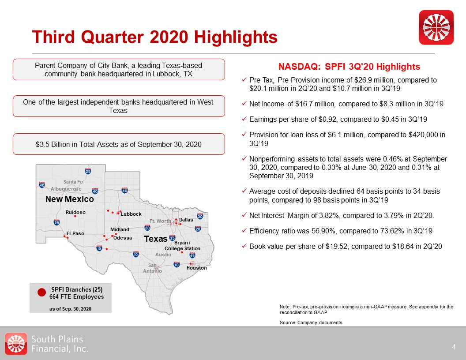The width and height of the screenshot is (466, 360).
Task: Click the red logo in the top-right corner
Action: (x=436, y=27)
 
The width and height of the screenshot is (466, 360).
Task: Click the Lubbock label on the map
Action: (x=131, y=214)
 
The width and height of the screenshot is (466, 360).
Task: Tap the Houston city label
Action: (x=196, y=268)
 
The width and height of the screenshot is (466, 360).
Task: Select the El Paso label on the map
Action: (x=75, y=233)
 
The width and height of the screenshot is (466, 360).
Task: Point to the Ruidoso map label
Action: (x=75, y=212)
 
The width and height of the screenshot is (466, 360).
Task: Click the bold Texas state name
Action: (x=156, y=239)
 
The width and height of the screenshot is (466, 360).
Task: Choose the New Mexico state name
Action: (x=70, y=199)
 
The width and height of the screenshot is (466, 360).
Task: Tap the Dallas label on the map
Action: (x=186, y=220)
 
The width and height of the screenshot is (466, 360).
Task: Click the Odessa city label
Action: (x=123, y=238)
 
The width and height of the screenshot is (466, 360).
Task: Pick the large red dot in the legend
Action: (x=41, y=292)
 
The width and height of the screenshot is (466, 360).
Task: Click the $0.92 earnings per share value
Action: (x=319, y=120)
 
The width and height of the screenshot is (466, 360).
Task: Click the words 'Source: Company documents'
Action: (x=311, y=323)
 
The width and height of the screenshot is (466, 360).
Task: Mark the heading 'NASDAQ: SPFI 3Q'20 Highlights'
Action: (x=349, y=67)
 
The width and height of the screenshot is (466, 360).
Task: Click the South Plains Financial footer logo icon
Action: (x=16, y=344)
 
